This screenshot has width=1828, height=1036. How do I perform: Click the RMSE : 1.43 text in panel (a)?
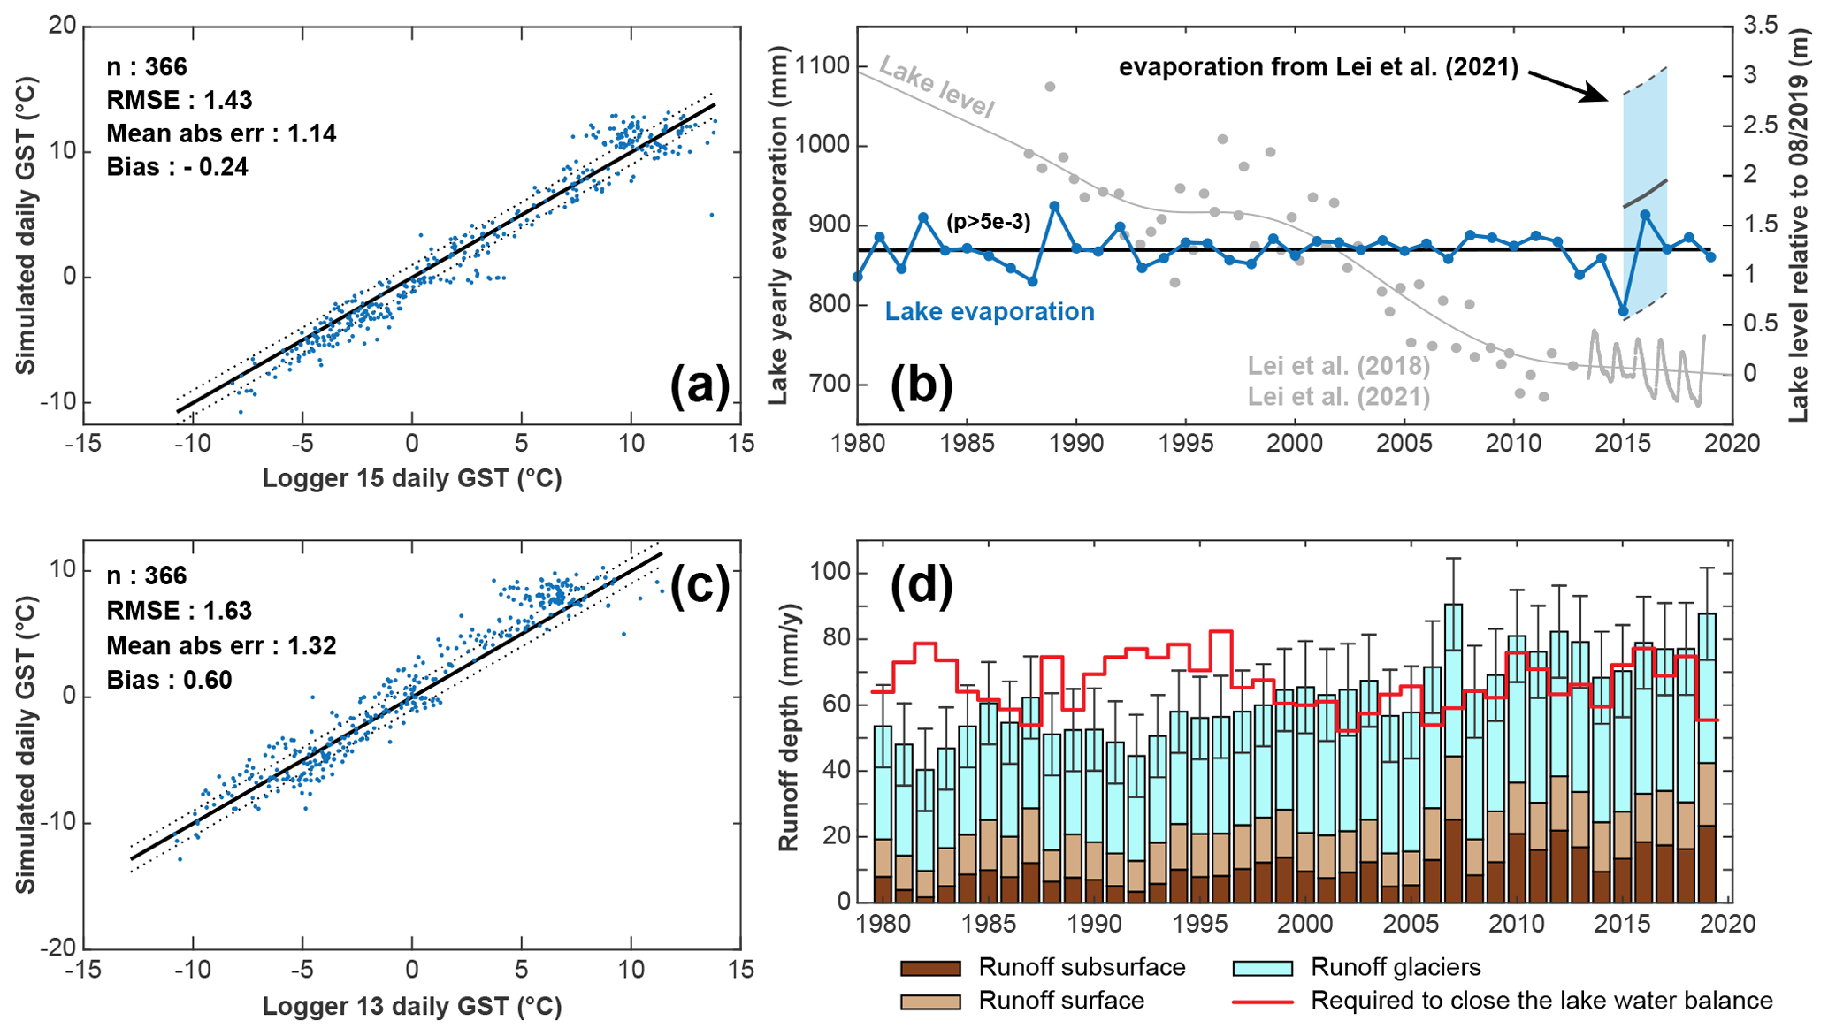tap(180, 100)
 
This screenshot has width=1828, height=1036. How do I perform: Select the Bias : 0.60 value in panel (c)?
tap(169, 680)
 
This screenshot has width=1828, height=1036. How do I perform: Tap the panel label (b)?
tap(921, 386)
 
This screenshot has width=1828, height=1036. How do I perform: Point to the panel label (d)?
tap(921, 584)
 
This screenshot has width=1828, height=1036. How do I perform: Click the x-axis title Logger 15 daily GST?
tap(412, 478)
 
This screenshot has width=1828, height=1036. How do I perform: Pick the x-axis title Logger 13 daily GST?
tap(412, 1006)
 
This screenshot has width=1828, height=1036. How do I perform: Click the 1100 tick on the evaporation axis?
tap(822, 66)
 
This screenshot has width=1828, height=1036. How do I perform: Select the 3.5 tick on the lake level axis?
tap(1760, 26)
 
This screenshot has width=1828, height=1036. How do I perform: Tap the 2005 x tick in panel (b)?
tap(1404, 443)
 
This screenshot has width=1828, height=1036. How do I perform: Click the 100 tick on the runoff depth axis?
tap(830, 573)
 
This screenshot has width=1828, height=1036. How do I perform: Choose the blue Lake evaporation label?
tap(990, 312)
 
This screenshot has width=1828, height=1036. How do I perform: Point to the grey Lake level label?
tap(937, 88)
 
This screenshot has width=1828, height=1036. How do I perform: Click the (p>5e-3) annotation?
tap(988, 222)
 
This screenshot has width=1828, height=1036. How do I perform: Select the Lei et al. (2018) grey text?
tap(1338, 365)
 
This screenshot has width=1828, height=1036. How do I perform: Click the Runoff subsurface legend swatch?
tap(930, 968)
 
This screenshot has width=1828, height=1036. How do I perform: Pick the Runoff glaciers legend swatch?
tap(1262, 968)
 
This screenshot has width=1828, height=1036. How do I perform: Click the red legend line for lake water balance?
tap(1262, 1002)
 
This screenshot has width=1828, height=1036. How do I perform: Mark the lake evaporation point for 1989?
tap(1054, 206)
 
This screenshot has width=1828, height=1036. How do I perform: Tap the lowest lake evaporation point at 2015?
tap(1623, 311)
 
